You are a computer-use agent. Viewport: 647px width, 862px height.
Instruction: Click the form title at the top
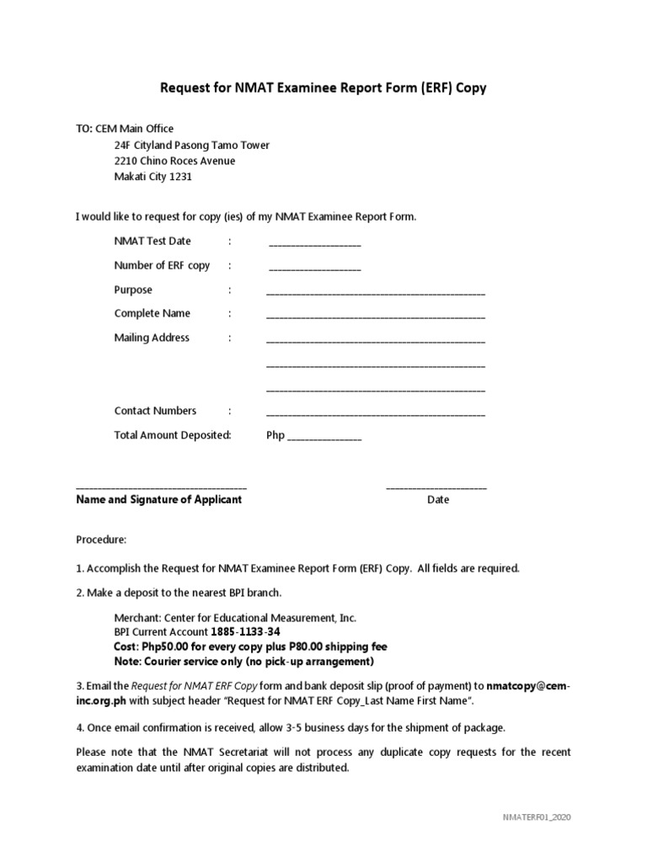click(x=323, y=88)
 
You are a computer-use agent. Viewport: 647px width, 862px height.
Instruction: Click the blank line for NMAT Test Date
click(x=314, y=245)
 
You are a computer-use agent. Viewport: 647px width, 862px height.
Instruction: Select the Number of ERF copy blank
click(x=314, y=269)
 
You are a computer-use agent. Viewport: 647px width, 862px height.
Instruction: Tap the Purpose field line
click(x=376, y=294)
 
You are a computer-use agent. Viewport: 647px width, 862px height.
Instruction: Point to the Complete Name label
click(x=152, y=314)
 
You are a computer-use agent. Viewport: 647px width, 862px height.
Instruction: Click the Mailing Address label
click(x=152, y=338)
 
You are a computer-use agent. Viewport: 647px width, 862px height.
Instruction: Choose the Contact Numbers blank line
click(x=376, y=415)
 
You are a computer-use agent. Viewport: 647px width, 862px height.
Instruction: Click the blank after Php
click(x=325, y=439)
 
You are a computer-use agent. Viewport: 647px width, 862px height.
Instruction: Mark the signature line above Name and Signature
click(x=161, y=488)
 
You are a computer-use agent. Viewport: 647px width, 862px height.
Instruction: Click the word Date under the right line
click(x=438, y=500)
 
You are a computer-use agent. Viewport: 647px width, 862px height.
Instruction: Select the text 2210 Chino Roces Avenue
click(x=174, y=161)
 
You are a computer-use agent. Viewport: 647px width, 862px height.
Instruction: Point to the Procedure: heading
click(x=101, y=540)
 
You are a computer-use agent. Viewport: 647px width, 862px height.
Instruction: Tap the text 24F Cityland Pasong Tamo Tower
click(x=191, y=145)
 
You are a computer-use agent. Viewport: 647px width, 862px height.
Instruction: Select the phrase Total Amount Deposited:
click(x=173, y=436)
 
